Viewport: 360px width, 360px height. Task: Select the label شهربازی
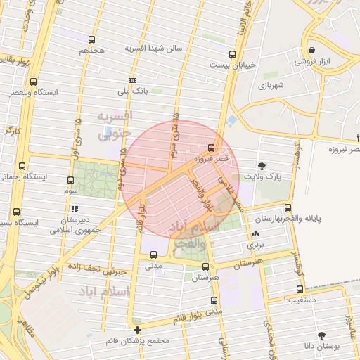click(x=269, y=86)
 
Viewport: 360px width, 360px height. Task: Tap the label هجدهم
click(x=92, y=51)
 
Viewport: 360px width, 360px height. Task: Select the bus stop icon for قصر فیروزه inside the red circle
click(x=212, y=148)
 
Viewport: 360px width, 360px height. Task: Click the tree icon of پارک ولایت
click(x=262, y=166)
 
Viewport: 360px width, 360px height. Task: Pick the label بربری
click(x=254, y=247)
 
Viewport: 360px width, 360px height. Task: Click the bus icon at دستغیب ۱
click(x=301, y=288)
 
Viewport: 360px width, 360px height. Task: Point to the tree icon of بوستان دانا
click(x=322, y=335)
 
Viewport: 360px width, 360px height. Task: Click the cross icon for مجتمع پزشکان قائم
click(x=137, y=329)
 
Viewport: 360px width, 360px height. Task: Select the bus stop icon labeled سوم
click(x=70, y=180)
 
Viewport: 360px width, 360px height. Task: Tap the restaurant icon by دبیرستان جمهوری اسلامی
click(x=75, y=209)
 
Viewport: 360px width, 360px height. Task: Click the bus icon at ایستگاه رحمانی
click(x=23, y=167)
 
